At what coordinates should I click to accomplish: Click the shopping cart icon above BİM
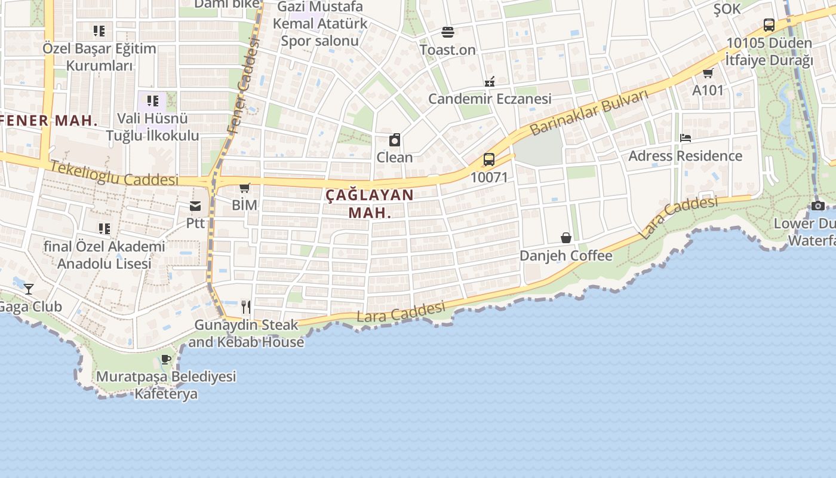tap(244, 188)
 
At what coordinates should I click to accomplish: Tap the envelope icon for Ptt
tap(195, 207)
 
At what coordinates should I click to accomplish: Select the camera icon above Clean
tap(394, 140)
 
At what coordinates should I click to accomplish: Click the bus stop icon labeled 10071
tap(488, 160)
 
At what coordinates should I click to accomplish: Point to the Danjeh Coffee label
tap(565, 256)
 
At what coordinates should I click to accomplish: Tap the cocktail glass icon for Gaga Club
tap(29, 289)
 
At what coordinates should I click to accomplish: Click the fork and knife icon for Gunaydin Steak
tap(246, 307)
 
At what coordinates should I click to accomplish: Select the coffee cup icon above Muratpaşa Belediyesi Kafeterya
tap(166, 360)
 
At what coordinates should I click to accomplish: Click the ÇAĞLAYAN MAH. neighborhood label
tap(370, 203)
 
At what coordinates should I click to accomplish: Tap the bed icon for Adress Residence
tap(685, 138)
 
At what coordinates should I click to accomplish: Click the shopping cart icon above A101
tap(708, 73)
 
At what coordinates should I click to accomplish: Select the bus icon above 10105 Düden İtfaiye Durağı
tap(769, 25)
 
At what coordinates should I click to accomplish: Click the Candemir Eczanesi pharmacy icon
tap(490, 81)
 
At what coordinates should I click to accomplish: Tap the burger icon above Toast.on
tap(448, 32)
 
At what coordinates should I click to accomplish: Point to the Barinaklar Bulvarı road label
tap(588, 112)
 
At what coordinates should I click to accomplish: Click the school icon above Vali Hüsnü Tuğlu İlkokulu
tap(153, 100)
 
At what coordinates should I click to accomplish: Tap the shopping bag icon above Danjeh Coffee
tap(565, 238)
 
